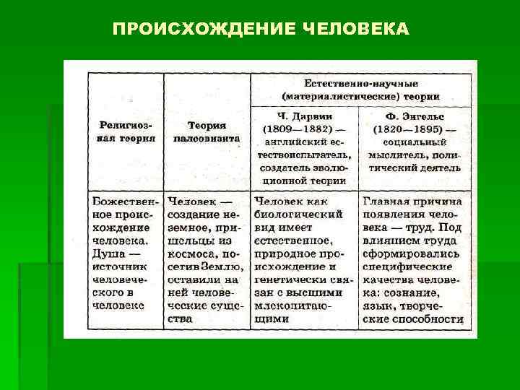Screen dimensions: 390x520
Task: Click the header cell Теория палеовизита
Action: [x=207, y=131]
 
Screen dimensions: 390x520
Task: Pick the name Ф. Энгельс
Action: [x=415, y=115]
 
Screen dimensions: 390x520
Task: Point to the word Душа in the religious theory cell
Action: [x=108, y=253]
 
